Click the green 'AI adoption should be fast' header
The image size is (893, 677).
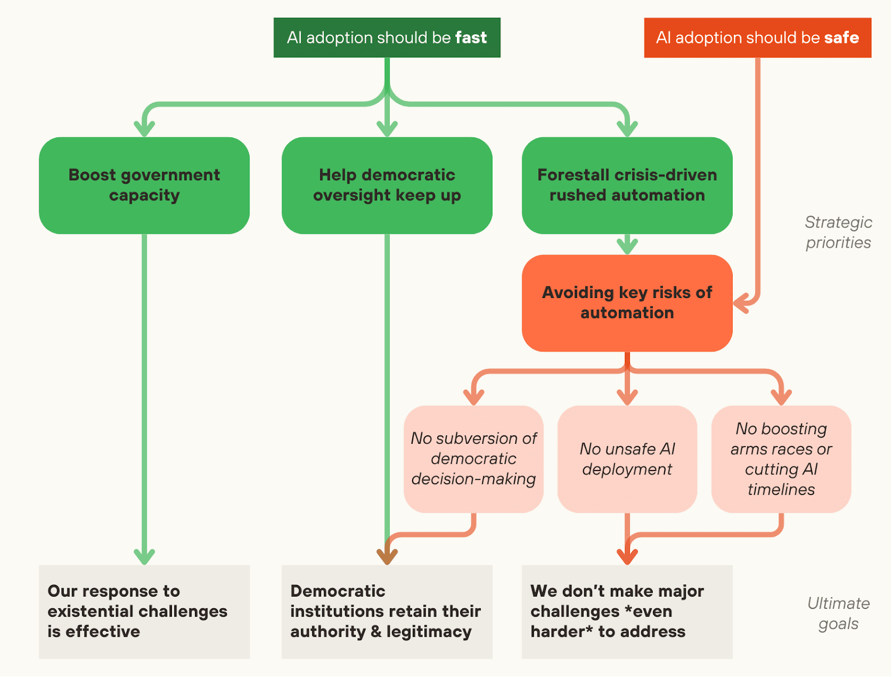pos(386,37)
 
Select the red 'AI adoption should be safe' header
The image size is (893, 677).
pos(757,37)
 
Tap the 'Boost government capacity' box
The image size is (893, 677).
pos(144,185)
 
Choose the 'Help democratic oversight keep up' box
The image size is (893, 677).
pos(386,185)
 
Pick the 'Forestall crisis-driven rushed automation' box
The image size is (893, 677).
pos(627,185)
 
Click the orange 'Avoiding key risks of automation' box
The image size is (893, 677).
pos(627,303)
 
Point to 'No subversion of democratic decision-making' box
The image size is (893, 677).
pos(474,459)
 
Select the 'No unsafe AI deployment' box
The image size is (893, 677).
pos(627,459)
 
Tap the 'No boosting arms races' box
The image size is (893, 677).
pos(781,459)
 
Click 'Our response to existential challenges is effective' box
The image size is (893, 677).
pos(144,612)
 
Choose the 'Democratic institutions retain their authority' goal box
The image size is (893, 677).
pos(386,612)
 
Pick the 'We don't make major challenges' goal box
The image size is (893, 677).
pos(627,612)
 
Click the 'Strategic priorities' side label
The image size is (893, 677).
pos(838,232)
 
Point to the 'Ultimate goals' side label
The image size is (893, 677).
pos(838,613)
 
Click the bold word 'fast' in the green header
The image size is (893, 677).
pos(471,37)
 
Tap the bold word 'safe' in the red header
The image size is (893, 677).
pos(842,37)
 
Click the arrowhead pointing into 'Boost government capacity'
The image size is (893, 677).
pos(144,129)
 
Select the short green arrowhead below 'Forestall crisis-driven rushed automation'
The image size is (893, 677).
pos(627,246)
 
